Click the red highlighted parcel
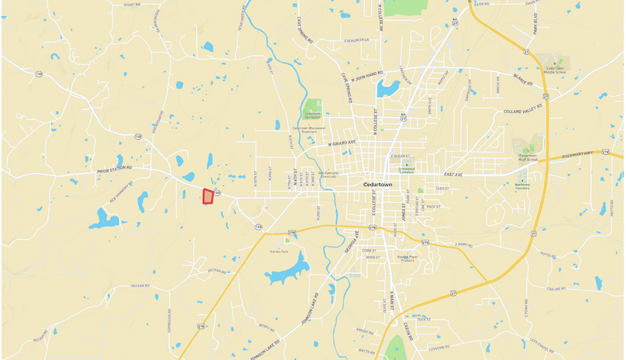(x=208, y=197)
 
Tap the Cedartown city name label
(x=385, y=184)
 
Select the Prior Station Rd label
(x=115, y=166)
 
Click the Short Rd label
(x=132, y=5)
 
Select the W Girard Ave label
(x=341, y=142)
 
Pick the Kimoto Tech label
(x=279, y=252)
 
